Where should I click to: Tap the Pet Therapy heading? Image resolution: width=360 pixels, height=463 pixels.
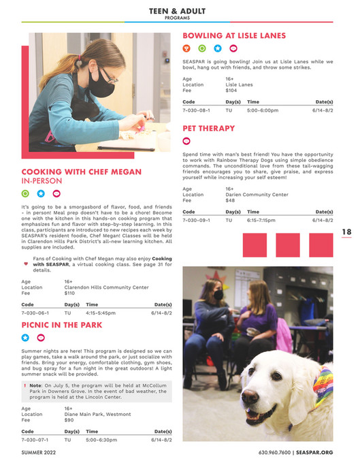click(x=209, y=128)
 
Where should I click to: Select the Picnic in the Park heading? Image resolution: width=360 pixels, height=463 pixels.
click(x=62, y=325)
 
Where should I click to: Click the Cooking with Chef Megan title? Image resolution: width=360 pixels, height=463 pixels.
click(x=82, y=172)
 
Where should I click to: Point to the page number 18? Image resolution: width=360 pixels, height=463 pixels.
click(x=346, y=232)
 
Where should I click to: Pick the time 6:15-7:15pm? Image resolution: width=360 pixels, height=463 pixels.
click(x=261, y=221)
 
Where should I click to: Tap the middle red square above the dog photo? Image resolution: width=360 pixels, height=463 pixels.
click(x=287, y=244)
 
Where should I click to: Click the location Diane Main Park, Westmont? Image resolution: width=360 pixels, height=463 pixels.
click(x=97, y=415)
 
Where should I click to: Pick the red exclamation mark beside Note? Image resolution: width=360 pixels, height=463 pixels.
click(x=24, y=385)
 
